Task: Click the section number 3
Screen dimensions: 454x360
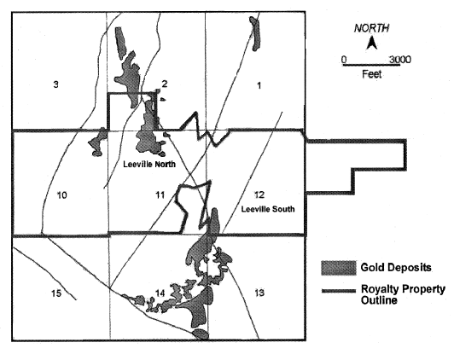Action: point(55,84)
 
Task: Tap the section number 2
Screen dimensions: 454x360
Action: point(165,84)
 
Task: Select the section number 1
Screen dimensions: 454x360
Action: point(259,85)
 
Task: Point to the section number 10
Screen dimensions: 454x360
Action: point(61,195)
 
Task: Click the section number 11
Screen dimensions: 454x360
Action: point(160,195)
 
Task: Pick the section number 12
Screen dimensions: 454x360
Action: point(259,195)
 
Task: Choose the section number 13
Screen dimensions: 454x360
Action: point(259,293)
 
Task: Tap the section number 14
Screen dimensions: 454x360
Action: point(160,293)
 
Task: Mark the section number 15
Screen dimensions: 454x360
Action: point(56,293)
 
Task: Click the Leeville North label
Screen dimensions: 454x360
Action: point(149,164)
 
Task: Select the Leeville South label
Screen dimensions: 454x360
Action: point(268,209)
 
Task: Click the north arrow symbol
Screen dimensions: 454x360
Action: point(372,44)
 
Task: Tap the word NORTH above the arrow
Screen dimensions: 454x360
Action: point(372,28)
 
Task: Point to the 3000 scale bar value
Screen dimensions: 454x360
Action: point(400,60)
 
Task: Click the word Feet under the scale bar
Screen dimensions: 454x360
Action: point(372,74)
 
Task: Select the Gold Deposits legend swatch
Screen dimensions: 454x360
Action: point(339,268)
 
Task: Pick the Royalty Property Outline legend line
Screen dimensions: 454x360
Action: point(339,291)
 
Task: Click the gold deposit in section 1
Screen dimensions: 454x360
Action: point(255,33)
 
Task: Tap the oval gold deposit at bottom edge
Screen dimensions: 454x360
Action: point(201,334)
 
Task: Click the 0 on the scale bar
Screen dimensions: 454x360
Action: point(344,60)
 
